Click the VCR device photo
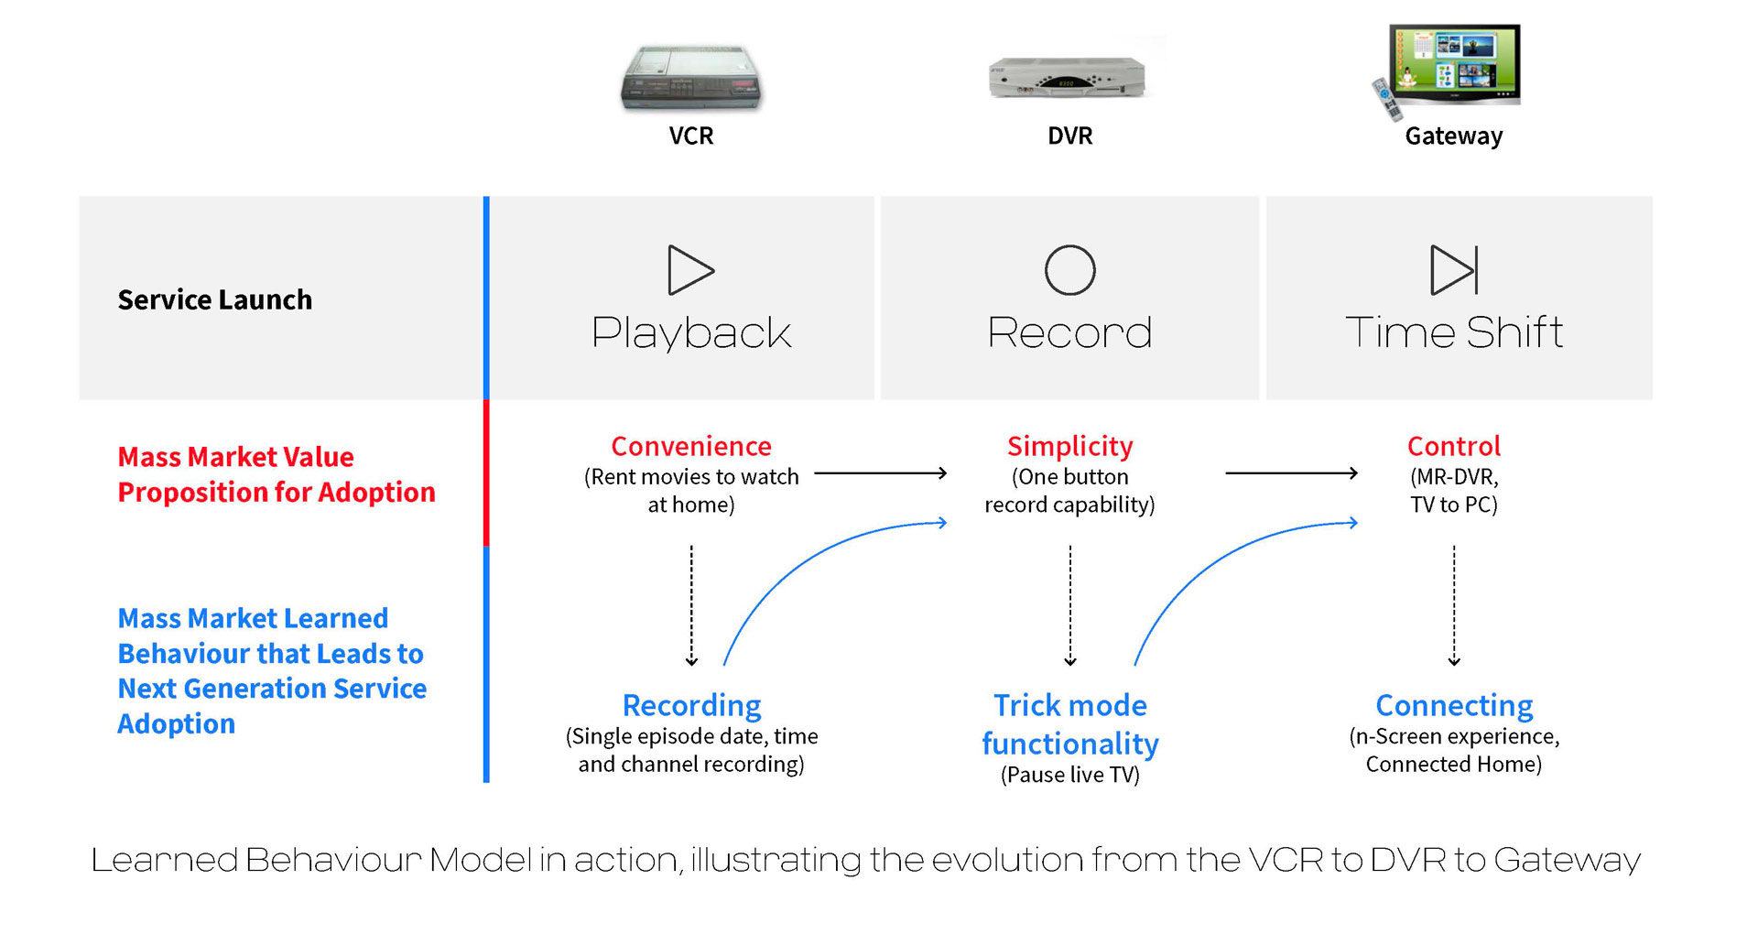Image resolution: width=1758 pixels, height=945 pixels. pyautogui.click(x=692, y=79)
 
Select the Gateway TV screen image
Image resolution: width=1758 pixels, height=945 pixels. pyautogui.click(x=1452, y=67)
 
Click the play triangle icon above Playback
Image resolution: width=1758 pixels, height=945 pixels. pyautogui.click(x=690, y=270)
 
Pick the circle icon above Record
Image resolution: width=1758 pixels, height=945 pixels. pyautogui.click(x=1069, y=270)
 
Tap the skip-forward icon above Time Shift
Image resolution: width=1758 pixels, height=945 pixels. pyautogui.click(x=1454, y=270)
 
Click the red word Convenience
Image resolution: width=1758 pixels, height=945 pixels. pyautogui.click(x=691, y=446)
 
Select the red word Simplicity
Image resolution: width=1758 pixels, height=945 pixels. pyautogui.click(x=1069, y=446)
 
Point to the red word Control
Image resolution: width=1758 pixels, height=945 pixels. pyautogui.click(x=1453, y=446)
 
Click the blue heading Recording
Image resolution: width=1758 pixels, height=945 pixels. pyautogui.click(x=691, y=705)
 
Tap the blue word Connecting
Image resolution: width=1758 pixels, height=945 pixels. pyautogui.click(x=1454, y=705)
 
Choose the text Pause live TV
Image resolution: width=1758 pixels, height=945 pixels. pyautogui.click(x=1069, y=775)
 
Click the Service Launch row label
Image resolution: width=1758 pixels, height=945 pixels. pyautogui.click(x=215, y=299)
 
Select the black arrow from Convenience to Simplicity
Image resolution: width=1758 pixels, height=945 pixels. pyautogui.click(x=880, y=473)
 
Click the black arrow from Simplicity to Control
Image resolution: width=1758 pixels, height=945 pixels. pyautogui.click(x=1291, y=473)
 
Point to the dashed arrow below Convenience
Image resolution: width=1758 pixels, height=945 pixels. pyautogui.click(x=691, y=604)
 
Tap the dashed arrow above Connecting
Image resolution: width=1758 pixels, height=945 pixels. pyautogui.click(x=1454, y=604)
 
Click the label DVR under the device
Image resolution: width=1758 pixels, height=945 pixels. pyautogui.click(x=1069, y=136)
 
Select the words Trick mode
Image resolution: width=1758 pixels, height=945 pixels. pyautogui.click(x=1069, y=705)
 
